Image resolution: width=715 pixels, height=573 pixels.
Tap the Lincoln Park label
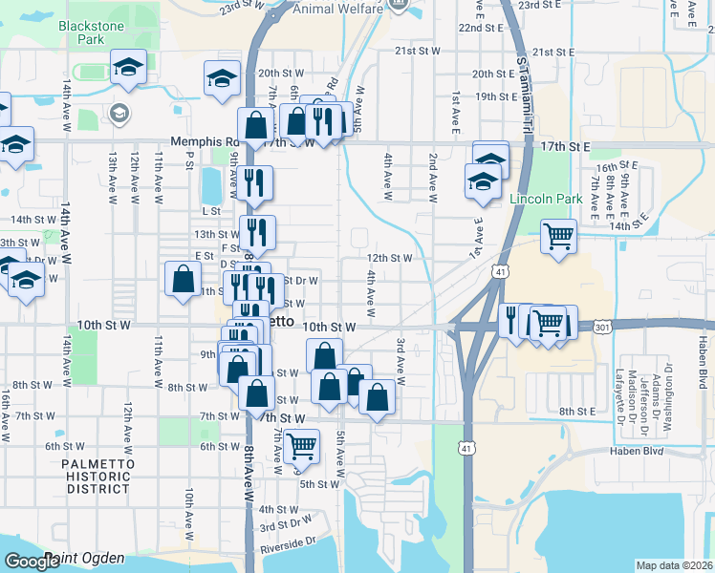[x=546, y=199]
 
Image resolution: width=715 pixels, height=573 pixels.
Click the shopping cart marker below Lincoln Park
[x=558, y=235]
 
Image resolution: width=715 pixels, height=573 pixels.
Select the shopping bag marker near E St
[x=183, y=279]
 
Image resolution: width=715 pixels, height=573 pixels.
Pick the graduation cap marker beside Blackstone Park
[x=128, y=67]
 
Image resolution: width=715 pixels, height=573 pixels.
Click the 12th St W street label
[x=389, y=258]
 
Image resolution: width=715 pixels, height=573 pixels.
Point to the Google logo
[x=32, y=562]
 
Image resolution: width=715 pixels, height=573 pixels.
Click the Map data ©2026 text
[x=674, y=565]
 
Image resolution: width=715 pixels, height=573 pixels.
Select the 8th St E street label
[x=577, y=411]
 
